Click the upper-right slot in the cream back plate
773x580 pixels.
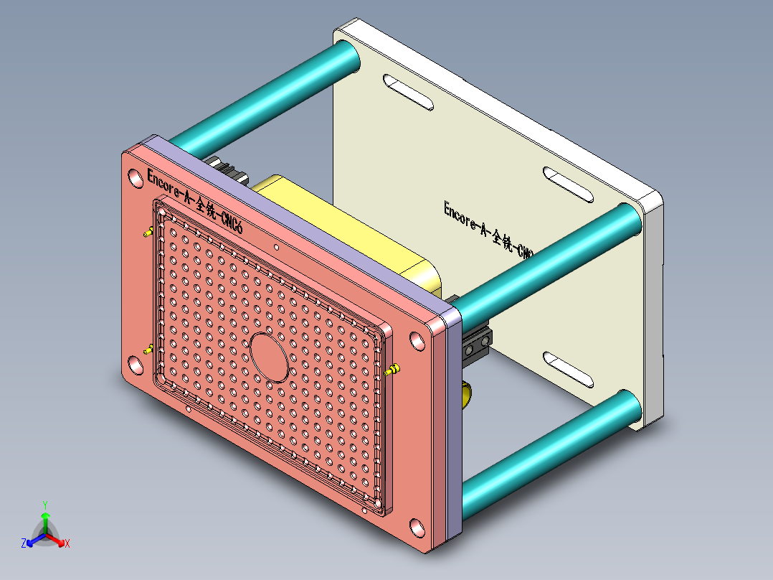[x=567, y=184]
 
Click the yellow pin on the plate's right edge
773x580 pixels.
[x=394, y=370]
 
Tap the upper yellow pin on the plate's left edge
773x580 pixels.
[x=148, y=233]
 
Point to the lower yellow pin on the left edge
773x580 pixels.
[x=148, y=350]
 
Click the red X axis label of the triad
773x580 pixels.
[x=67, y=544]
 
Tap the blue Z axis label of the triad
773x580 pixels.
[x=24, y=543]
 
